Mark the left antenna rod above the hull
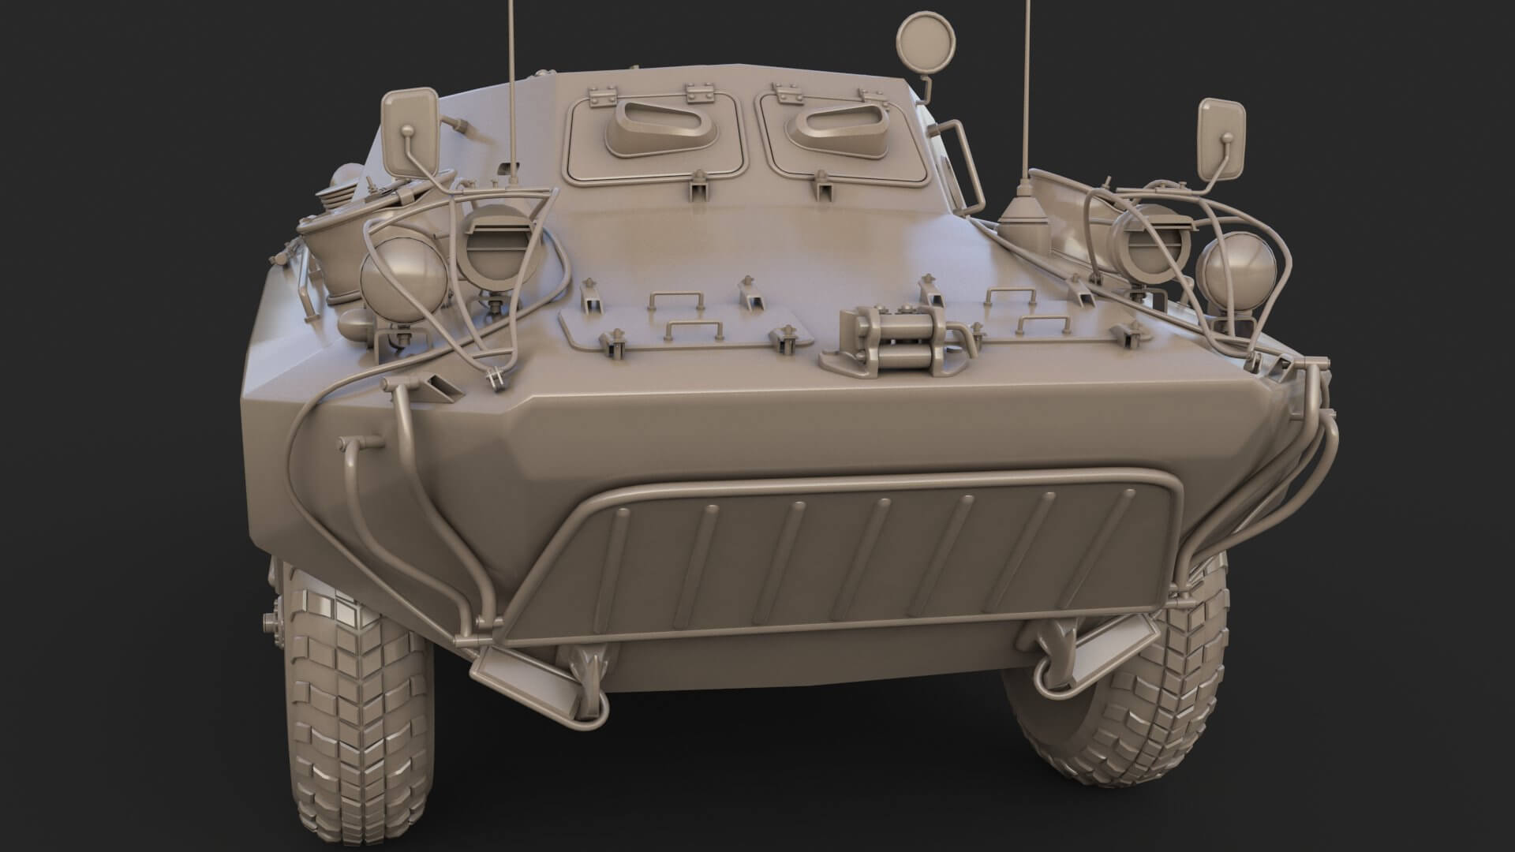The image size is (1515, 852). click(x=511, y=79)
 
